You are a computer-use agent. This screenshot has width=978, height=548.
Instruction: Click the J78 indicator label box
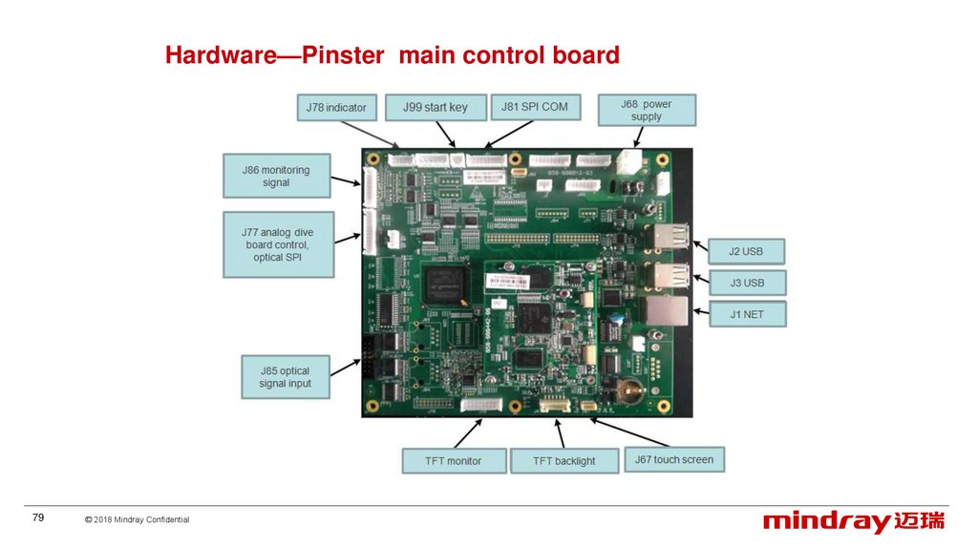tap(336, 107)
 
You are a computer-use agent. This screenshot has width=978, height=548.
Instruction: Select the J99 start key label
tap(436, 107)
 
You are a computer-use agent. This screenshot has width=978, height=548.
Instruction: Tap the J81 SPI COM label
tap(535, 107)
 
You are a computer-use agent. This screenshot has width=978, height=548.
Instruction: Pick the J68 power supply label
tap(647, 110)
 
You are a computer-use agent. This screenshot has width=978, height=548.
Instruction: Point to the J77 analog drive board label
tap(278, 244)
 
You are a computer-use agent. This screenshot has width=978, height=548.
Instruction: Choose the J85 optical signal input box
tap(285, 377)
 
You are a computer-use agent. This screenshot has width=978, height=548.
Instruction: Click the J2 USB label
tap(748, 251)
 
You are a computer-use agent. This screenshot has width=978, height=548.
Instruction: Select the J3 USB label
tap(748, 283)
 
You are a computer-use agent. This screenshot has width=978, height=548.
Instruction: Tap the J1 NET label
tap(748, 313)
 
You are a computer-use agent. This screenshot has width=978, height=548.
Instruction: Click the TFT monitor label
tap(454, 460)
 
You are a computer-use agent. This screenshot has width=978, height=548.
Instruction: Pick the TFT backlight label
tap(563, 460)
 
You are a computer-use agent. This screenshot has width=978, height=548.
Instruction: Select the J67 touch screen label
tap(673, 459)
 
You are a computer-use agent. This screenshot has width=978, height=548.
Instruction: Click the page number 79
tap(38, 517)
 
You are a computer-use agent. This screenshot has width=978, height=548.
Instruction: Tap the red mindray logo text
tap(826, 522)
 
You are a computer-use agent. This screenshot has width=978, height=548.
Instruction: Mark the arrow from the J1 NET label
tap(699, 311)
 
